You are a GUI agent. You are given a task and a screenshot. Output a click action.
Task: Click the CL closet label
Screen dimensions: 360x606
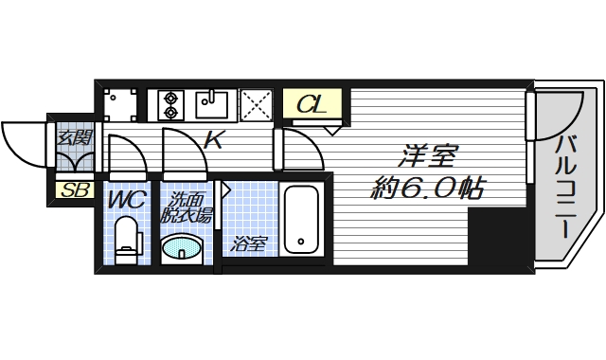click(312, 104)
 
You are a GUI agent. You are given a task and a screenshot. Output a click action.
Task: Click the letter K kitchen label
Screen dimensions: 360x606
click(214, 141)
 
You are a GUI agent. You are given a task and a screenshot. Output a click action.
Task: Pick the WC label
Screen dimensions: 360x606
click(125, 201)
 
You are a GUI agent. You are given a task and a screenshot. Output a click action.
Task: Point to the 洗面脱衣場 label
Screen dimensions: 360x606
click(188, 208)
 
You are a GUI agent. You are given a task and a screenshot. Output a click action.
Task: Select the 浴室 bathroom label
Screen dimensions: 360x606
click(250, 244)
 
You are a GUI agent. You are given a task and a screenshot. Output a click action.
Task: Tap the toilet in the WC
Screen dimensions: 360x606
click(126, 240)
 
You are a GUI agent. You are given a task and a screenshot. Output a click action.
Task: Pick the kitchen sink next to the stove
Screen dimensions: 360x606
click(212, 102)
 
